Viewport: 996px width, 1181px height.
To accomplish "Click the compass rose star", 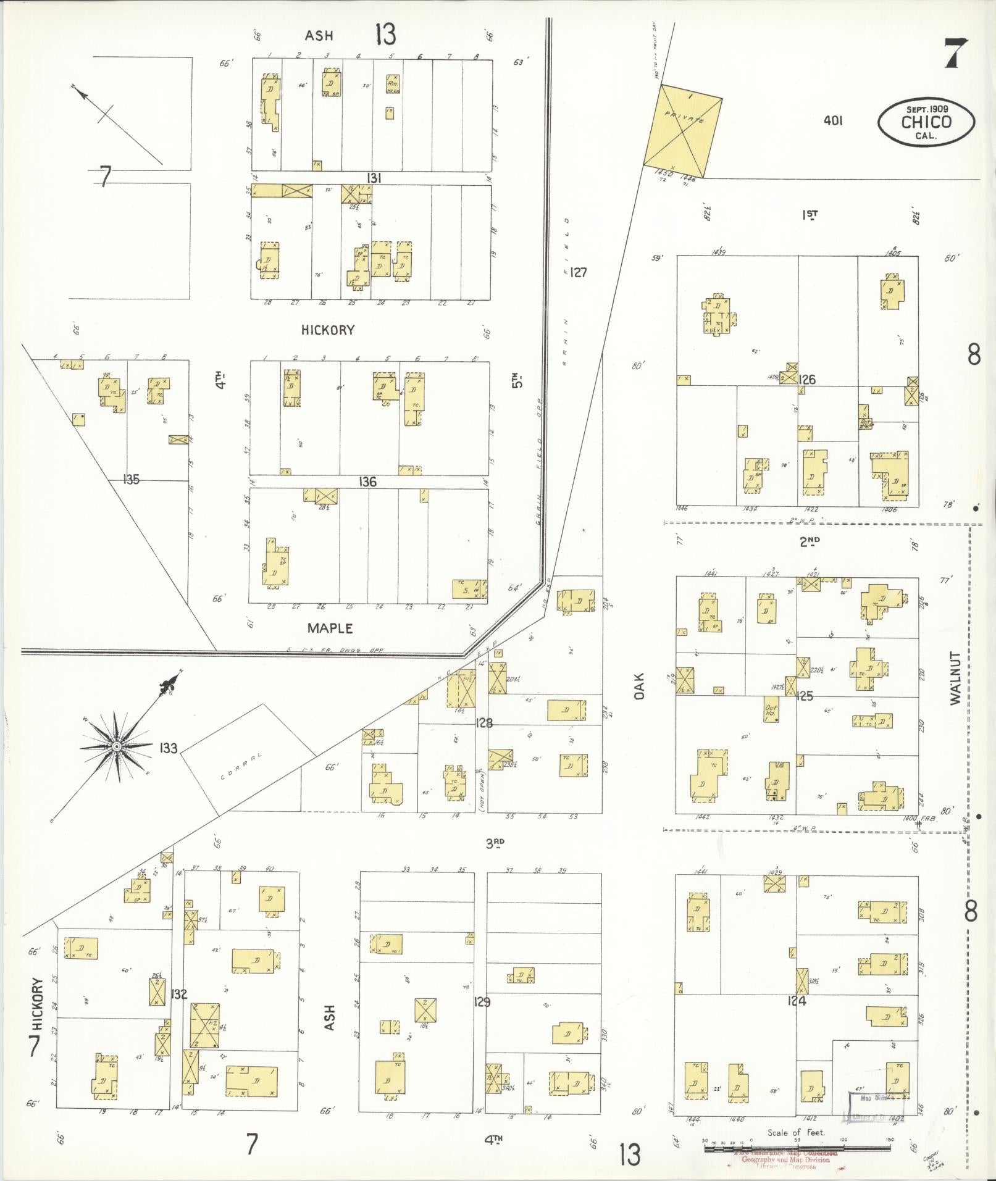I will click(x=116, y=747).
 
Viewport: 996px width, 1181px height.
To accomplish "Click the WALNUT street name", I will click(x=956, y=678).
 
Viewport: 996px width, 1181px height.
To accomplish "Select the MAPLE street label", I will click(x=330, y=628).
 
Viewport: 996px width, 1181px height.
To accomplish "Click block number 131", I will click(x=372, y=178).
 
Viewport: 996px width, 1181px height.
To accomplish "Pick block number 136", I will click(x=367, y=482).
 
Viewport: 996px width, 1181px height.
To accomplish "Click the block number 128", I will click(x=483, y=722).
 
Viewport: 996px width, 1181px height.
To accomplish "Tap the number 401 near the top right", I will click(x=833, y=121).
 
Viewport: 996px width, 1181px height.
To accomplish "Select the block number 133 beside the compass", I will click(x=167, y=749).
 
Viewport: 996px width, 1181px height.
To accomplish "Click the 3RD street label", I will click(x=495, y=843).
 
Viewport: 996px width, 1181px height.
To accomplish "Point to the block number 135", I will click(x=132, y=479).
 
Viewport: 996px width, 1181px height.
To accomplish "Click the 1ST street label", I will click(x=810, y=215).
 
